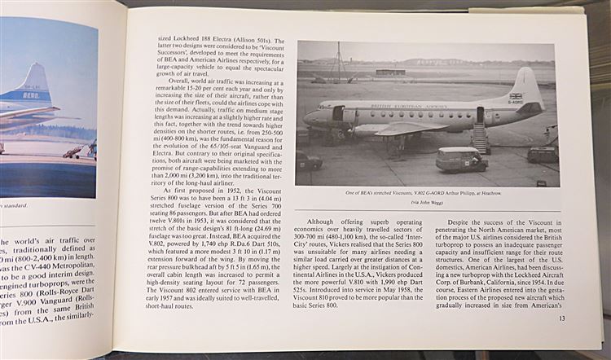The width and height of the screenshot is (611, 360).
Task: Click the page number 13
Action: (562, 318)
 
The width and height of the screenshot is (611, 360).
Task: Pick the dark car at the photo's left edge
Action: (307, 160)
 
